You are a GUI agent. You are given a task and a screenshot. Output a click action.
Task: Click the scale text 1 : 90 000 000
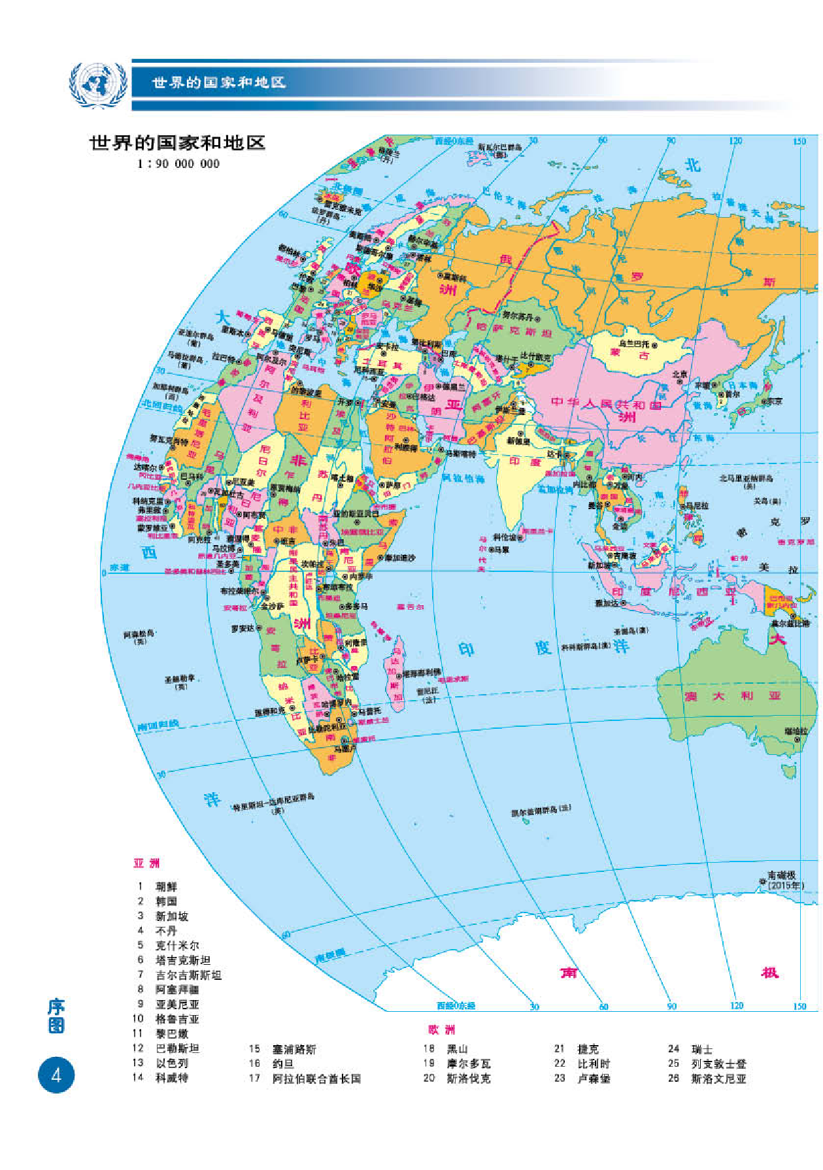click(178, 164)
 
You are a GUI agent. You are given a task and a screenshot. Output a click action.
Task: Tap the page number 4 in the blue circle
click(56, 1075)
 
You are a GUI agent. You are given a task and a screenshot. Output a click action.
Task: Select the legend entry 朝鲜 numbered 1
click(166, 887)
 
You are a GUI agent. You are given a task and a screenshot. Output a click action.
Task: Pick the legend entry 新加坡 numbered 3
click(171, 916)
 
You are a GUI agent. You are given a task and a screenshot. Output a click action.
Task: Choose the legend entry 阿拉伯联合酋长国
click(316, 1078)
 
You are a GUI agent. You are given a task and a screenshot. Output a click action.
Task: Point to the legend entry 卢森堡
click(594, 1078)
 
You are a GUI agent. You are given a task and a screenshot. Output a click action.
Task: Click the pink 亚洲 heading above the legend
click(146, 863)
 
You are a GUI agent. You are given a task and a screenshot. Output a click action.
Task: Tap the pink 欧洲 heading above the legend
click(442, 1030)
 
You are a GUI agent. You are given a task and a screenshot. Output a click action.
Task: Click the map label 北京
click(680, 375)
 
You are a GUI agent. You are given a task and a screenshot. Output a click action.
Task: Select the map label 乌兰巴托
click(634, 344)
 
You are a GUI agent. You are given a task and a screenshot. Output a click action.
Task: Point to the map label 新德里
click(520, 441)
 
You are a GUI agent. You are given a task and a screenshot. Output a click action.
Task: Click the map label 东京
click(774, 401)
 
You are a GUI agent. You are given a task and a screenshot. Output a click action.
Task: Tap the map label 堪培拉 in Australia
click(796, 731)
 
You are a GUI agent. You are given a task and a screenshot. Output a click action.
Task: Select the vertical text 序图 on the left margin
click(56, 1016)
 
